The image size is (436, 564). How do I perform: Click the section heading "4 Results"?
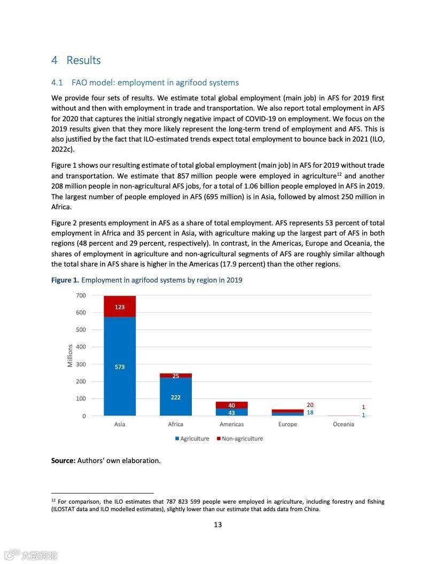point(76,60)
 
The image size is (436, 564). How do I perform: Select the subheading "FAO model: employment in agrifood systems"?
point(155,83)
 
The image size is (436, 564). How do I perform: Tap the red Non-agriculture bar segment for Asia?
point(120,307)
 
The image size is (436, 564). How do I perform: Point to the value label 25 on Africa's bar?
point(175,376)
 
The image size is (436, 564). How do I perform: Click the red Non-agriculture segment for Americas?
point(231,405)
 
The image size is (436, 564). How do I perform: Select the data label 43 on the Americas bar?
point(231,413)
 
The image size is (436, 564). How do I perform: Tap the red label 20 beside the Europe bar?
point(310,405)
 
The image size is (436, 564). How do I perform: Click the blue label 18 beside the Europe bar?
point(310,412)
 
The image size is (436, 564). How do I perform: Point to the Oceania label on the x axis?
point(343,425)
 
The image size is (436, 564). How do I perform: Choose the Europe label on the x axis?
point(287,425)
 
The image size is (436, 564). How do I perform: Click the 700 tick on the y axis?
point(81,295)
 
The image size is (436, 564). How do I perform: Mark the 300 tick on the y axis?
point(81,364)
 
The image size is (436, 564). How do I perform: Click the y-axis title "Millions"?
point(70,356)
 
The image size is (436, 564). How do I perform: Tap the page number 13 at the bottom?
point(218,524)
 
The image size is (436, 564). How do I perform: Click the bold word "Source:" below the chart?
point(63,460)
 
